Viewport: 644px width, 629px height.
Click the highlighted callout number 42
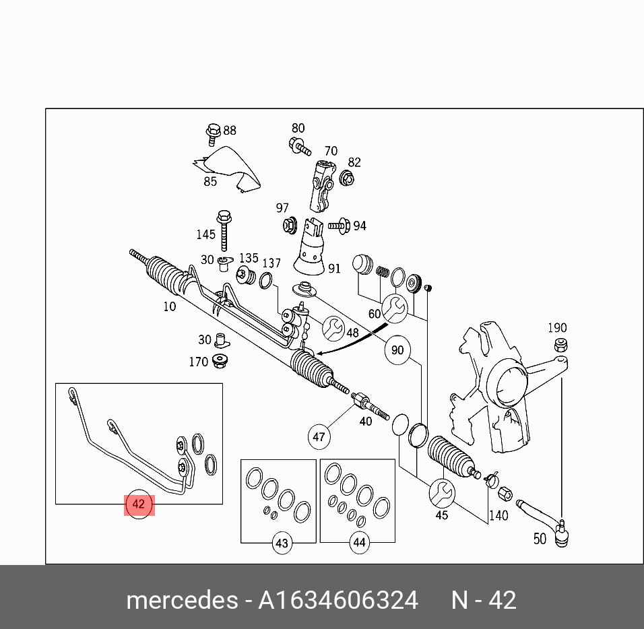pyautogui.click(x=139, y=504)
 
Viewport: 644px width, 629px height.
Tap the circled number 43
pyautogui.click(x=282, y=543)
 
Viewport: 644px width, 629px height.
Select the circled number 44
pyautogui.click(x=358, y=542)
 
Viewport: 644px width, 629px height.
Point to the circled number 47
pyautogui.click(x=319, y=437)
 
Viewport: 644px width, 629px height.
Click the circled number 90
pyautogui.click(x=397, y=350)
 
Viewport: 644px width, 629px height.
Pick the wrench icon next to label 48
pyautogui.click(x=333, y=329)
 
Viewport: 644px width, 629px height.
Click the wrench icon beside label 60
pyautogui.click(x=393, y=308)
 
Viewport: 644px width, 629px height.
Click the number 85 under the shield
pyautogui.click(x=210, y=181)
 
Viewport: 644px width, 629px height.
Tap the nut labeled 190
pyautogui.click(x=558, y=345)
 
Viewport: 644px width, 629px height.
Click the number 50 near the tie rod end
pyautogui.click(x=540, y=539)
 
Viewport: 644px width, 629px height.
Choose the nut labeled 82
pyautogui.click(x=347, y=178)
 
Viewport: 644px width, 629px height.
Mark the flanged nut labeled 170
pyautogui.click(x=220, y=361)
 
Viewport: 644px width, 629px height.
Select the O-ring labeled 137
pyautogui.click(x=266, y=279)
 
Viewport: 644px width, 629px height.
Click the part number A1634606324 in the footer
pyautogui.click(x=338, y=600)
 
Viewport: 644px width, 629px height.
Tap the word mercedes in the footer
pyautogui.click(x=181, y=600)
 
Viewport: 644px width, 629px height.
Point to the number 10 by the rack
pyautogui.click(x=169, y=306)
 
